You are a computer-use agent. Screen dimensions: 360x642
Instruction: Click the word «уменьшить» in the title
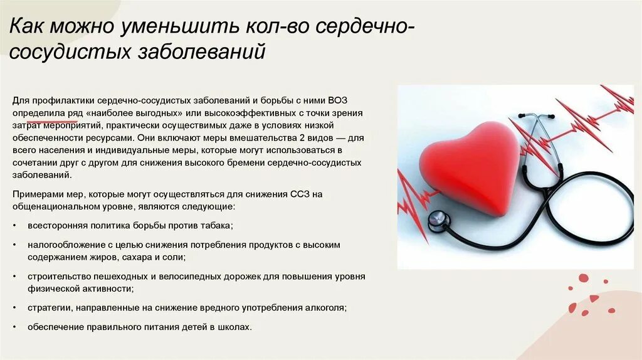tap(161, 28)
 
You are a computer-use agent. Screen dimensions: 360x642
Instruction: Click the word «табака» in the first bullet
tap(216, 225)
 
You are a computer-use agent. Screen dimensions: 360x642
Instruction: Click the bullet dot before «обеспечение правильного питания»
tap(14, 328)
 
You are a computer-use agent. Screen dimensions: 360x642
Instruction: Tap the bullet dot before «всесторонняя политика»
tap(14, 226)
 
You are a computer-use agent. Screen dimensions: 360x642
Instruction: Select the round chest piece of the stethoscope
tap(438, 220)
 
